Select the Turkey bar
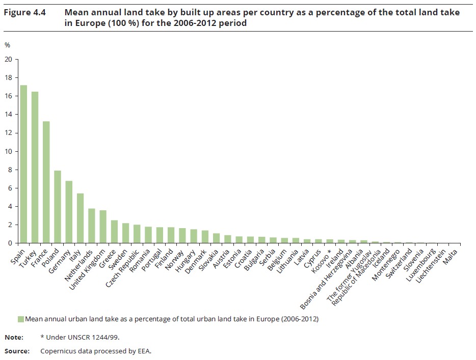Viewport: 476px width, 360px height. click(x=35, y=168)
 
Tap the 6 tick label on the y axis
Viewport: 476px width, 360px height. click(x=9, y=188)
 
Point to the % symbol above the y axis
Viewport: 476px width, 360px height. click(x=7, y=45)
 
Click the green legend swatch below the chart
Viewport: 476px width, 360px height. click(x=21, y=319)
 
